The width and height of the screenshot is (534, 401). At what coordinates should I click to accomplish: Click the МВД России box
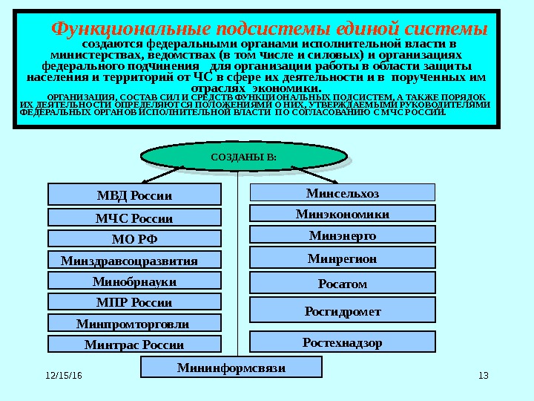(134, 195)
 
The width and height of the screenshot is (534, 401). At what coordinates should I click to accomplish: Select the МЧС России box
(134, 218)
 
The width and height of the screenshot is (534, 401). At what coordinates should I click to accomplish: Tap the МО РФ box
(134, 238)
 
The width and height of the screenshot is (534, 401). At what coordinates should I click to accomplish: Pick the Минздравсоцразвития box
(134, 260)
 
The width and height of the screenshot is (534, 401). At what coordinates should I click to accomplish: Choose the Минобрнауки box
(134, 281)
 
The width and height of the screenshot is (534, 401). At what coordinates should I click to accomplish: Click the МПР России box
(134, 301)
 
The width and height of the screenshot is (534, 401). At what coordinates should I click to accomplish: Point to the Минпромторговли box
(134, 323)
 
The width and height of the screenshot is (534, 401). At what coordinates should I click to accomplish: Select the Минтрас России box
(134, 344)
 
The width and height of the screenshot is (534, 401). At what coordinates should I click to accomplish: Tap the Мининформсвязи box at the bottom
(231, 367)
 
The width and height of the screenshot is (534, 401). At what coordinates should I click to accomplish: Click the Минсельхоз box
(342, 193)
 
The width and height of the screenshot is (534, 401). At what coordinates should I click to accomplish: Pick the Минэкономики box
(342, 214)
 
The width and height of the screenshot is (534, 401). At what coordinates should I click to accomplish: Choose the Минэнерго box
(342, 235)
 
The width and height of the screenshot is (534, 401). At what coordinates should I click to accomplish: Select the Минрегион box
(342, 258)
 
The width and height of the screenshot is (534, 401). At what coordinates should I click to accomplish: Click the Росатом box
(342, 283)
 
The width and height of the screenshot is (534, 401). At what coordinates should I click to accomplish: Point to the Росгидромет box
(342, 311)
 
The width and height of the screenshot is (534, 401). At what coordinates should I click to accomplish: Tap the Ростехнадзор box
(342, 342)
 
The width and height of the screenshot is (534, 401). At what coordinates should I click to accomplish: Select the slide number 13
(484, 375)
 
